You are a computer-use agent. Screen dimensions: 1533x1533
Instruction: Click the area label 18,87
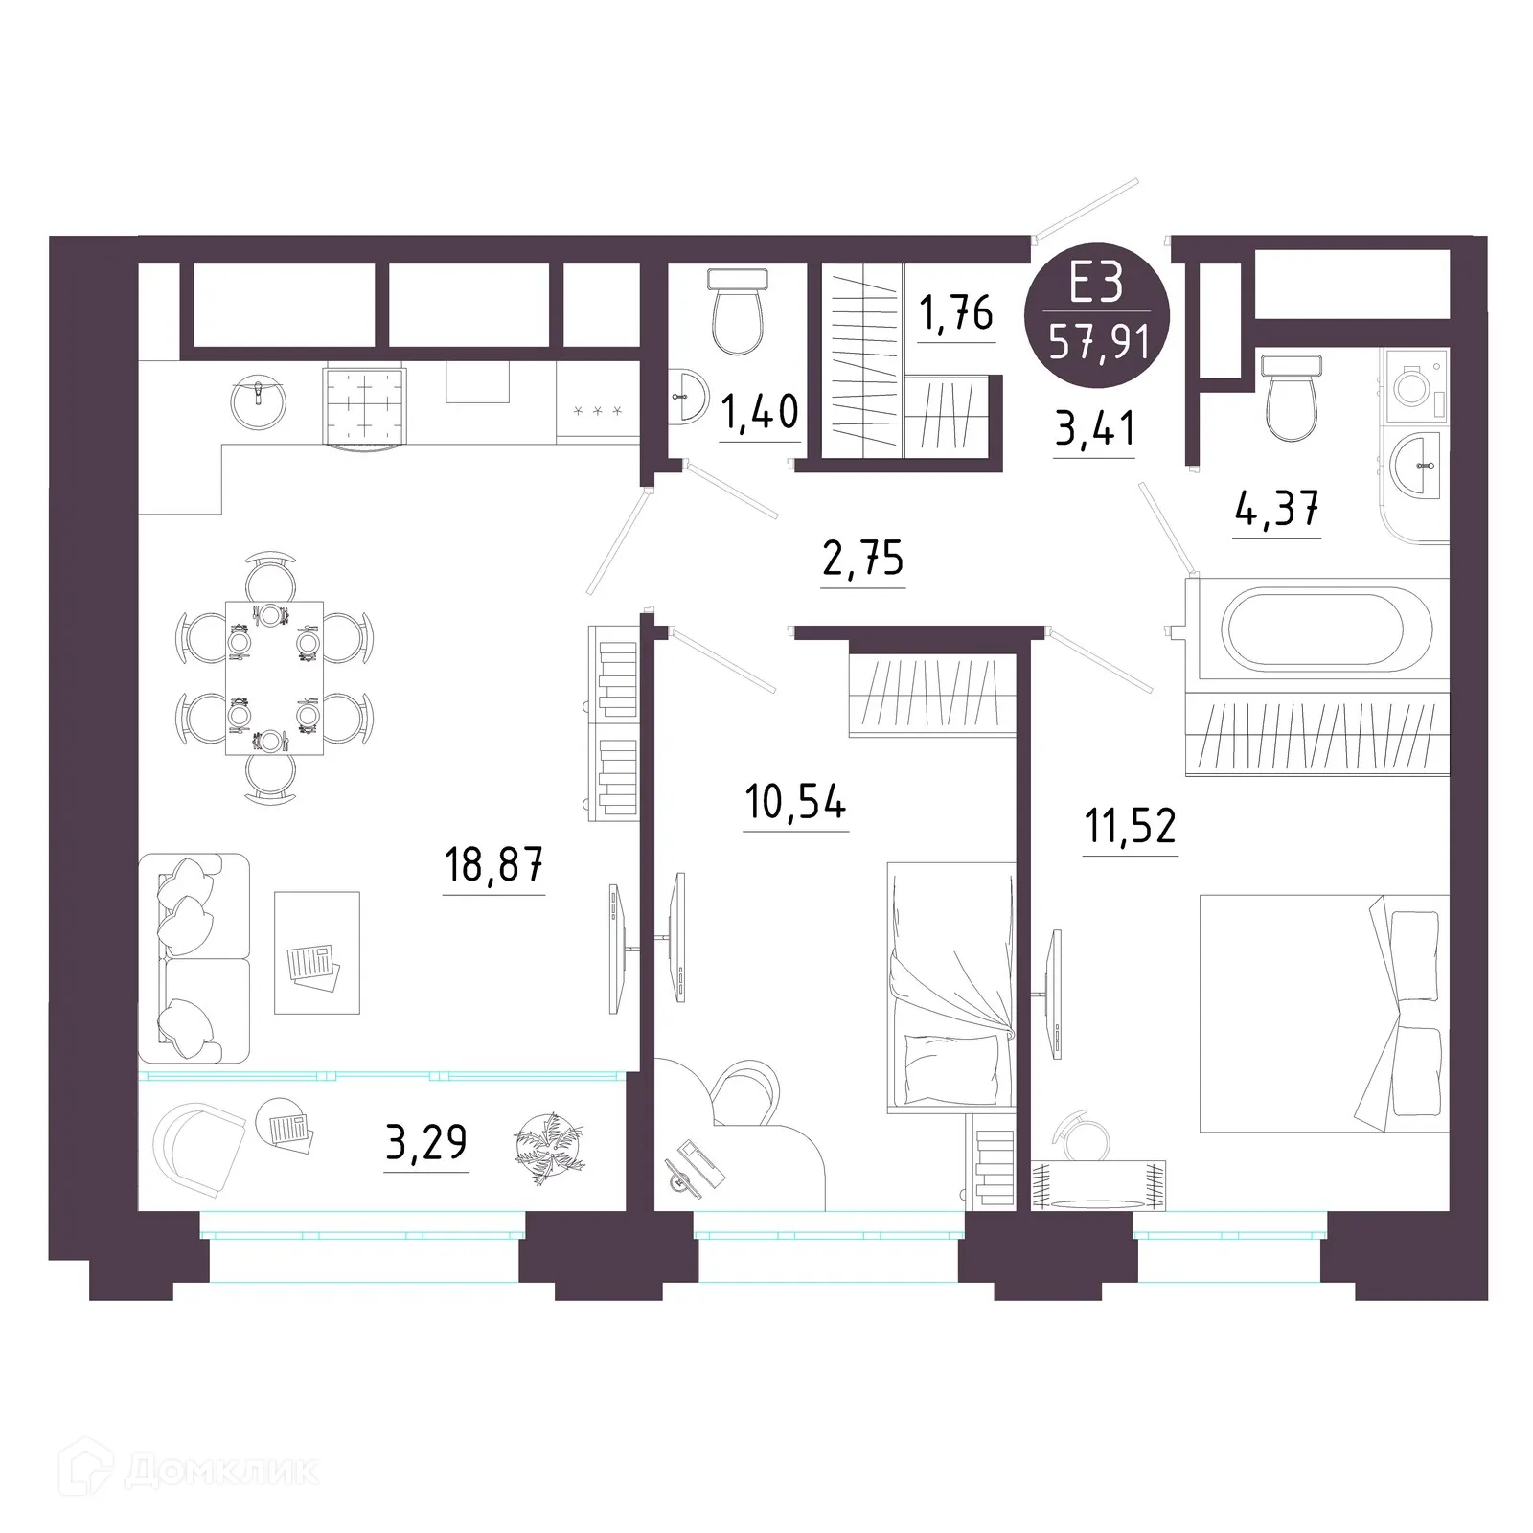tap(493, 865)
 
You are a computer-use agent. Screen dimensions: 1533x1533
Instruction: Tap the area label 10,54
tap(795, 802)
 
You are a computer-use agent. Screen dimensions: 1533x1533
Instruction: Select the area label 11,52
tap(1130, 825)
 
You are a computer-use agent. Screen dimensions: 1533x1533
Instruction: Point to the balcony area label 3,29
tap(426, 1142)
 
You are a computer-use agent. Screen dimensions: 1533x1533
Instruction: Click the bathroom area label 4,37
tap(1277, 509)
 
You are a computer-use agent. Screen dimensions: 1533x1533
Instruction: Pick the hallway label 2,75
tap(862, 559)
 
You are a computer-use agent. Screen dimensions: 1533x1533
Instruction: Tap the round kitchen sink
tap(259, 403)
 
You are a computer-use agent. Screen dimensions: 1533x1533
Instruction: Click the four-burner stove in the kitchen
tap(364, 405)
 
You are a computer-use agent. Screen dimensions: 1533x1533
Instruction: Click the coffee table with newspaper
tap(317, 952)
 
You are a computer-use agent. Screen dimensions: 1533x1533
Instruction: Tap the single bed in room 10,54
tap(950, 987)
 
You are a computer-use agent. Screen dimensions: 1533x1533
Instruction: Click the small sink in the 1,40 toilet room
tap(688, 395)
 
